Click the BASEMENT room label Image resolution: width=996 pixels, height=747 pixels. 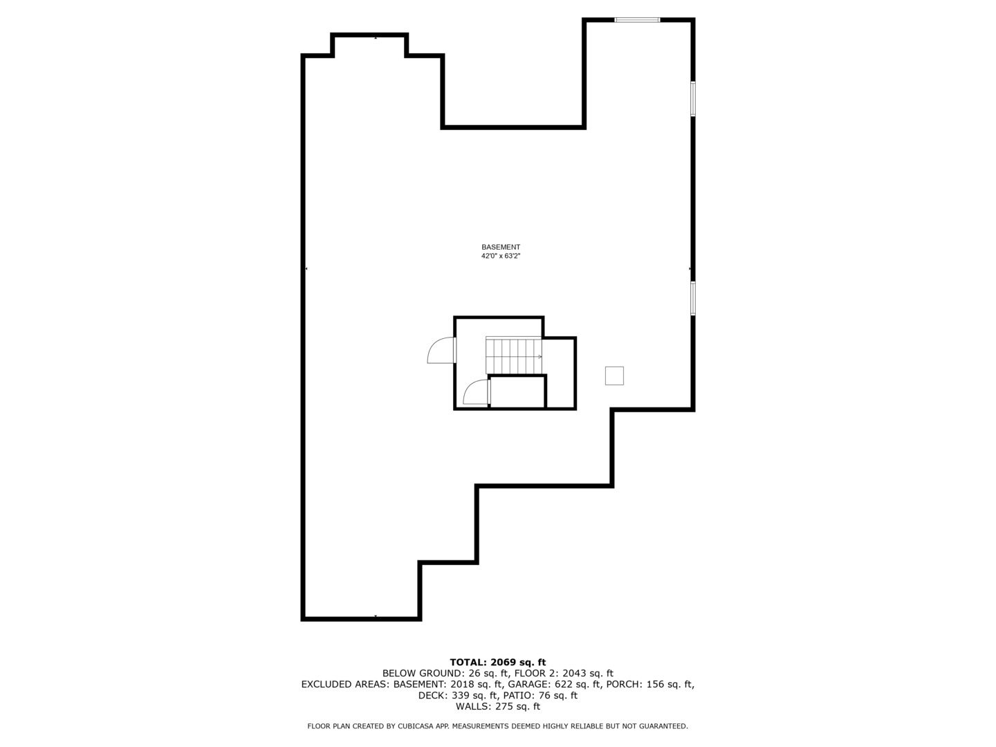click(x=501, y=247)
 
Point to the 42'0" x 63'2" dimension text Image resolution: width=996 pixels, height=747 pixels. click(x=501, y=256)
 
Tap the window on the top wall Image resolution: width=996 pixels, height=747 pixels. click(x=637, y=20)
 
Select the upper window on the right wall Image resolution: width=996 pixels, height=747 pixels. click(x=692, y=98)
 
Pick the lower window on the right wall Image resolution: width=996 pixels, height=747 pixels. click(x=692, y=298)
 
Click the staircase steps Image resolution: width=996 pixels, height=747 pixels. click(x=513, y=356)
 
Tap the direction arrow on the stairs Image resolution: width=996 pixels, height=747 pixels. click(x=538, y=357)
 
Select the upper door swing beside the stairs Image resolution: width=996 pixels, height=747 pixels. click(x=441, y=351)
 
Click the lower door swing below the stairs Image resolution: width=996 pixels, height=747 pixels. click(x=476, y=392)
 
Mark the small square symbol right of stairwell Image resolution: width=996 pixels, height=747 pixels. click(x=614, y=376)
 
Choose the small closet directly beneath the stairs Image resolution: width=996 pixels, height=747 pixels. click(x=517, y=392)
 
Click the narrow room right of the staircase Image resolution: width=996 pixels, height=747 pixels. click(x=561, y=373)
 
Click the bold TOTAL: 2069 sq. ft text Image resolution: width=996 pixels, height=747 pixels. click(x=498, y=663)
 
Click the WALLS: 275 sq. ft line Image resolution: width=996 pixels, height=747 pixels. click(x=498, y=706)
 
